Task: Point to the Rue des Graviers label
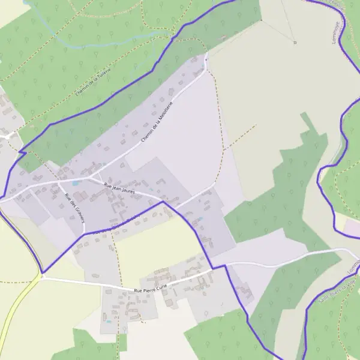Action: (x=75, y=206)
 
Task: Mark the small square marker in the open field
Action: (x=295, y=43)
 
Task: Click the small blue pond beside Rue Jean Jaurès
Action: (x=75, y=182)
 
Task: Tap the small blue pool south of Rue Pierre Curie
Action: (x=109, y=321)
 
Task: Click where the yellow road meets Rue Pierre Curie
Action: (x=41, y=277)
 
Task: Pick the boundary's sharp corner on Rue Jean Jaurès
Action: (x=163, y=202)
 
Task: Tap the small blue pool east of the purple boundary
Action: (x=200, y=218)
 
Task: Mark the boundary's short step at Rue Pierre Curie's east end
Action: (x=219, y=266)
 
